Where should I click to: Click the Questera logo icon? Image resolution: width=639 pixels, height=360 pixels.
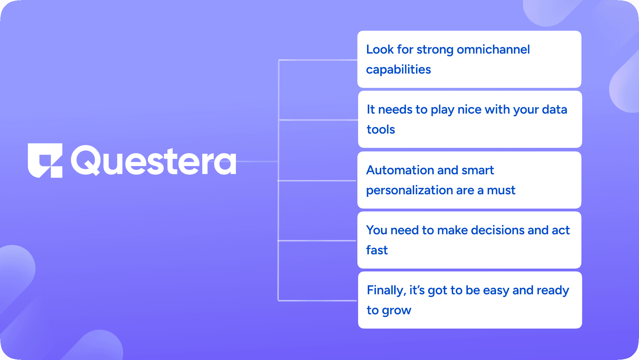[45, 160]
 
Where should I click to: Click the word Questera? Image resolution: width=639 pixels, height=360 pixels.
[154, 161]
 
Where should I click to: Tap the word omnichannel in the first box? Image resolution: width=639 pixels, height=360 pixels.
[493, 50]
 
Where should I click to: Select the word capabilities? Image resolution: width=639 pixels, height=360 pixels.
[398, 70]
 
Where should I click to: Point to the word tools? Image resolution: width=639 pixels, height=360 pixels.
[381, 130]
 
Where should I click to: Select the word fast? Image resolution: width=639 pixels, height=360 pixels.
[377, 250]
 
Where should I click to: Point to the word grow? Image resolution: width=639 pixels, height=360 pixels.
[396, 311]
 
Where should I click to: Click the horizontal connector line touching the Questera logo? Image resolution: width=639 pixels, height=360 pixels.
[257, 161]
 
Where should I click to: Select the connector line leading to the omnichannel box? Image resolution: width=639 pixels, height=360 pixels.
[318, 60]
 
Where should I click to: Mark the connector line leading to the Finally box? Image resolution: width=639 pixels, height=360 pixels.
[318, 301]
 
